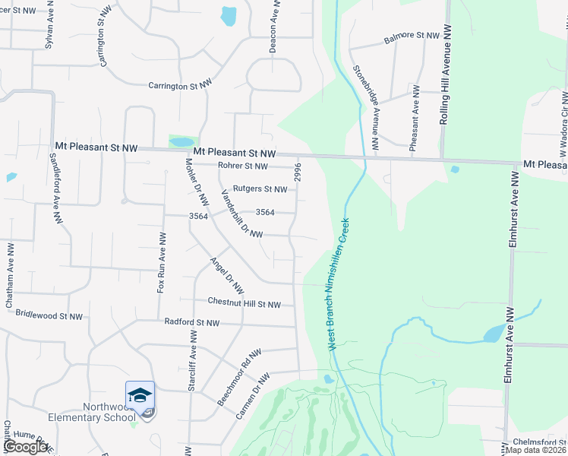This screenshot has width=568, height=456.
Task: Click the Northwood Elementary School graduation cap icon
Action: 140,395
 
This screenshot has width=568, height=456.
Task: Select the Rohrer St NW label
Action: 242,166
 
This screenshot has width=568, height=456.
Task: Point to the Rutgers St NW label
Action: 260,189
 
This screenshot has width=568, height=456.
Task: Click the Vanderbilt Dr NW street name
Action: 241,214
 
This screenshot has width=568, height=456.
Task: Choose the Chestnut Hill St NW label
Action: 245,304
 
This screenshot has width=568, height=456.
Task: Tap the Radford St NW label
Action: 191,323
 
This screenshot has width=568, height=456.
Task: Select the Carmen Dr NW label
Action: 252,396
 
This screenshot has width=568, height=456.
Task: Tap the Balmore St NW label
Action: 412,36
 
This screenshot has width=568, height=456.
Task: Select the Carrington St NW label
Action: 178,86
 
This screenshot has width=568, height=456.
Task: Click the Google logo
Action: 25,447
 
